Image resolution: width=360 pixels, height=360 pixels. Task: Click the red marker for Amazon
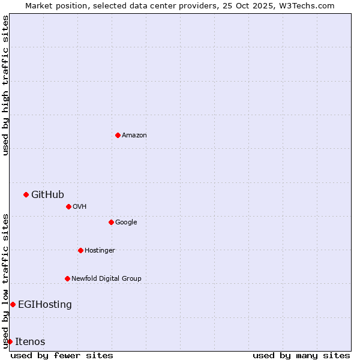point(118,135)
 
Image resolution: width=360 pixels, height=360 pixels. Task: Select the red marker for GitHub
point(26,194)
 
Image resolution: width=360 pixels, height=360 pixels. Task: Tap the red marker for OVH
point(68,206)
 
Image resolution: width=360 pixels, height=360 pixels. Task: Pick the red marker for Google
point(111,222)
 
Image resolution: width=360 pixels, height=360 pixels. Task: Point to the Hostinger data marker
point(80,250)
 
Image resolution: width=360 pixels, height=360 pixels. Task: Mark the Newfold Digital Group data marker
point(67,278)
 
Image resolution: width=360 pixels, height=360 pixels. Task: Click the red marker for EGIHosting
point(13,304)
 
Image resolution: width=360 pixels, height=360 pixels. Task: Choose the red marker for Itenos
point(10,341)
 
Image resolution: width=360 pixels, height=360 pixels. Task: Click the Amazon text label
point(134,136)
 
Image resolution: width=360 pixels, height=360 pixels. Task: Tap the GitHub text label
point(47,194)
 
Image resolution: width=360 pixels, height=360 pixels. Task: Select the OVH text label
point(80,207)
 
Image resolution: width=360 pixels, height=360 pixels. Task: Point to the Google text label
point(126,223)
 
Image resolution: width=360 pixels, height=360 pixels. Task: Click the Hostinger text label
point(100,251)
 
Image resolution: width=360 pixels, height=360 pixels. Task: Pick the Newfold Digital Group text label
point(106,279)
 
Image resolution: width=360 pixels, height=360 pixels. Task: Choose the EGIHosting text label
point(45,305)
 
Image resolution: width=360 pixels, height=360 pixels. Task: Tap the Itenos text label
point(30,342)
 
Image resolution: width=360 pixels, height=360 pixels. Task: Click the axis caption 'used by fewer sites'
point(62,355)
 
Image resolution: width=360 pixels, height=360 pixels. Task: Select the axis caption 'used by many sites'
point(301,355)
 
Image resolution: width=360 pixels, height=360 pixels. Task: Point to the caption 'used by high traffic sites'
point(5,85)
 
